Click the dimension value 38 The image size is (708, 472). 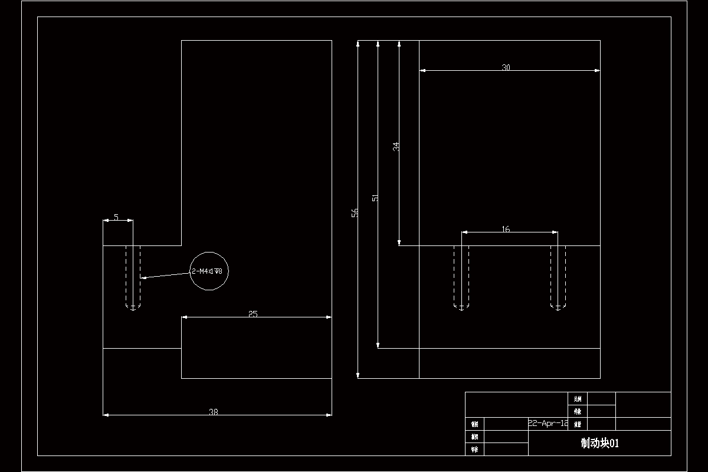214,412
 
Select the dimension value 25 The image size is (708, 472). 253,314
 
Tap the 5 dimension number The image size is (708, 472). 116,217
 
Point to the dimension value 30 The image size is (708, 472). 506,67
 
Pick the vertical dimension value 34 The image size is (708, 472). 396,146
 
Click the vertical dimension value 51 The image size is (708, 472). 375,198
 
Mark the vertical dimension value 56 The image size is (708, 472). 355,212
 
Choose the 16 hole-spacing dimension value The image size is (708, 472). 506,229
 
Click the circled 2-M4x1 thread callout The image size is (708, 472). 208,271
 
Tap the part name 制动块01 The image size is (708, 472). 599,444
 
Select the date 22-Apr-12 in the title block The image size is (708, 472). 548,423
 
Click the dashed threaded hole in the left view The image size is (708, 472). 133,277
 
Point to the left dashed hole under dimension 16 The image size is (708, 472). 461,277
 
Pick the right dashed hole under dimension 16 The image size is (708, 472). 558,277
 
